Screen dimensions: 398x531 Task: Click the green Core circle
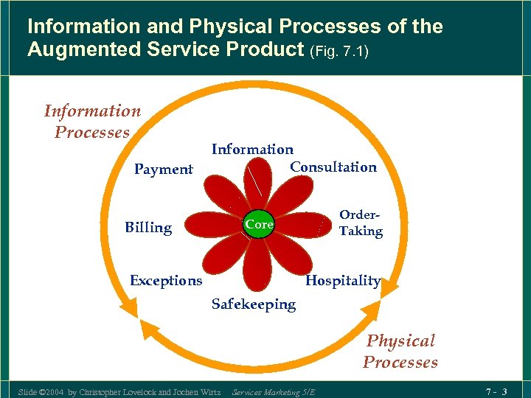[x=259, y=224]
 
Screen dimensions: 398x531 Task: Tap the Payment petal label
[x=164, y=170]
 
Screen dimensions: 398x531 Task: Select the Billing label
[x=148, y=227]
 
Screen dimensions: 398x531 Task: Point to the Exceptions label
[x=166, y=280]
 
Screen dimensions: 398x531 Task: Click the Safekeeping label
[x=253, y=304]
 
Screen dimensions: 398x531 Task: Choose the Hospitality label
[x=343, y=280]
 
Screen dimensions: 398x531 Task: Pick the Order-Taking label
[x=361, y=223]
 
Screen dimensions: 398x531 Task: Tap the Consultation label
[x=333, y=167]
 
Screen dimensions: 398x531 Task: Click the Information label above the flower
[x=252, y=149]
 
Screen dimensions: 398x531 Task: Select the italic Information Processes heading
[x=92, y=122]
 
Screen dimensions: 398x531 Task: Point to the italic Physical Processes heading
[x=400, y=352]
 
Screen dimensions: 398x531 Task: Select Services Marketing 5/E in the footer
[x=273, y=391]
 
